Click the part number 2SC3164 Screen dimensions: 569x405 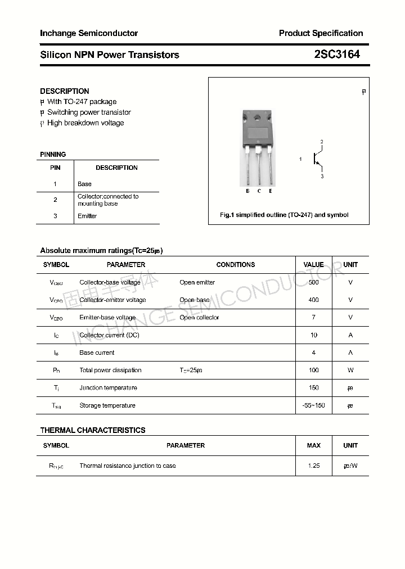337,55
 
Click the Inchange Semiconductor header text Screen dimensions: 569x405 89,33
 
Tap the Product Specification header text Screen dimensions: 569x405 321,33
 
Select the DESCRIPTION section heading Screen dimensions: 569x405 64,91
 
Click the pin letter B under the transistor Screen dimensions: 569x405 247,191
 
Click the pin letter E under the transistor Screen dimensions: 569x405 271,191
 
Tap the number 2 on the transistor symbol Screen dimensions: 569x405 322,142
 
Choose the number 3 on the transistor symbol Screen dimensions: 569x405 322,177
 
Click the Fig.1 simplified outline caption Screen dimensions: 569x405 284,215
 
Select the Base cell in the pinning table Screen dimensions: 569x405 84,184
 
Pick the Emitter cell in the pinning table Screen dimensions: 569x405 87,216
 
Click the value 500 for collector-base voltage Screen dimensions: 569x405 313,282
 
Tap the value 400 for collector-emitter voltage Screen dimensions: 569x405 313,300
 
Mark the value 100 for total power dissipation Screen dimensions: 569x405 313,370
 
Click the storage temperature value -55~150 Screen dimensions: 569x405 313,405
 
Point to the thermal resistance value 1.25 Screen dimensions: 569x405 313,466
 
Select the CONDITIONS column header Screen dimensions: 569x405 235,264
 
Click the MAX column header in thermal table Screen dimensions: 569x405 313,445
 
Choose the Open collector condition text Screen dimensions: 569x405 199,318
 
